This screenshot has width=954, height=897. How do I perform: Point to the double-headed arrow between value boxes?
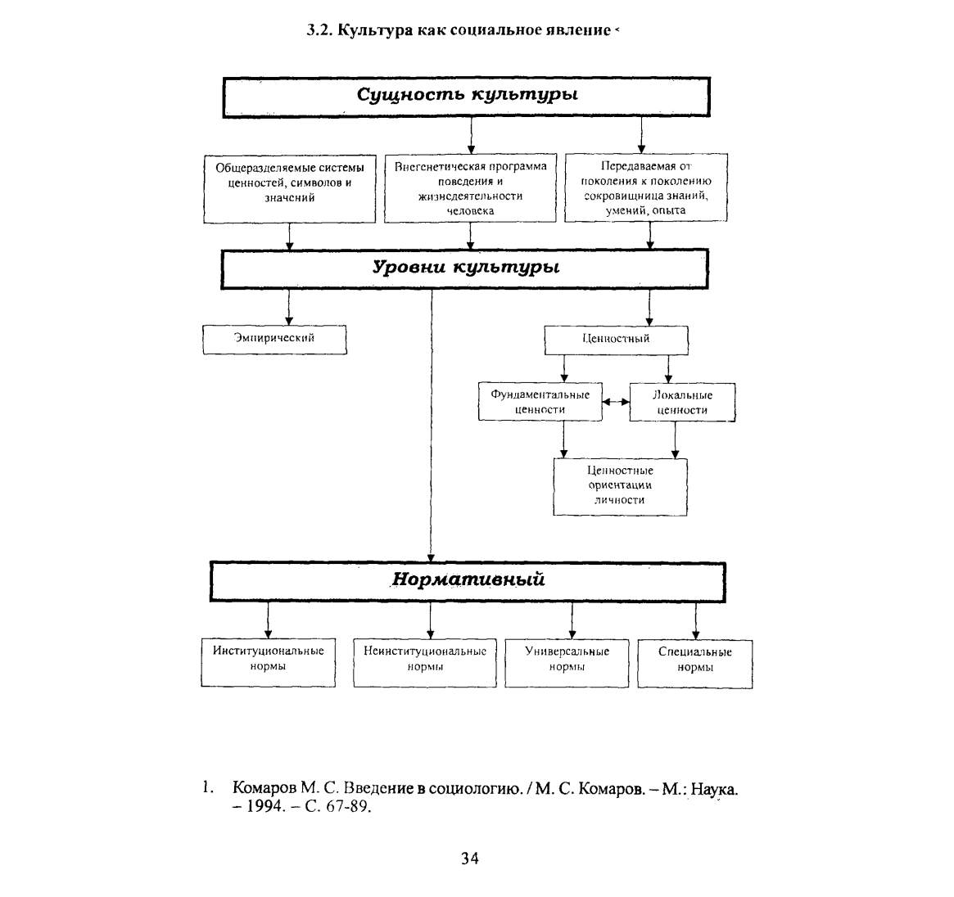click(x=616, y=402)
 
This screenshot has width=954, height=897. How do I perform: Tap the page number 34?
click(x=470, y=858)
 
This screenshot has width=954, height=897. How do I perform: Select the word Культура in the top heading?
click(x=375, y=30)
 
